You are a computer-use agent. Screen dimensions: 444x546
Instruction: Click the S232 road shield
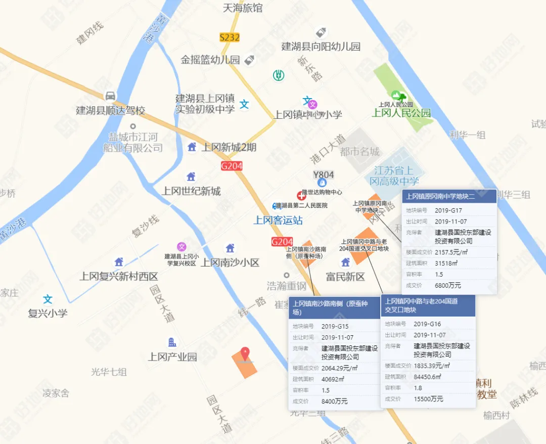(x=230, y=37)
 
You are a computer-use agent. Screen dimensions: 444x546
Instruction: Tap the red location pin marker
(x=245, y=353)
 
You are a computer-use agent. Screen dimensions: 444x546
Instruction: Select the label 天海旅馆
(x=243, y=8)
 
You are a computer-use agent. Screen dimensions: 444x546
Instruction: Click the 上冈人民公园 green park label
(x=401, y=113)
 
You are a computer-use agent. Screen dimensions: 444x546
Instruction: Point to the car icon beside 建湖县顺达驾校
(x=110, y=96)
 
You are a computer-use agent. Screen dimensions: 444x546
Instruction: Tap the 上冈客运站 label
(x=278, y=220)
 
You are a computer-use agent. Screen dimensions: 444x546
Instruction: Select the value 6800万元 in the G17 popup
(x=448, y=285)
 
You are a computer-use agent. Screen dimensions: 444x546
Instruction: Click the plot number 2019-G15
(x=335, y=326)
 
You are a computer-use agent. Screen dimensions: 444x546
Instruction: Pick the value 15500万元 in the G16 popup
(x=428, y=398)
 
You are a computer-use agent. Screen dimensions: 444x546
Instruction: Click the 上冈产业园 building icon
(x=172, y=342)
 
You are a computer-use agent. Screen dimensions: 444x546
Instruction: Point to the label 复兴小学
(x=48, y=313)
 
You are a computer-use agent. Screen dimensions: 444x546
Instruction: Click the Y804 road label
(x=324, y=175)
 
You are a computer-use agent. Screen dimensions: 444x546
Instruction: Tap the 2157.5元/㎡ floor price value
(x=451, y=252)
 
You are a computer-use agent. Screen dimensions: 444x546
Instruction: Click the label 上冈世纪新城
(x=191, y=191)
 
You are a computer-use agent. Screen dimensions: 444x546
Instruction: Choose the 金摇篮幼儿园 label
(x=210, y=60)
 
